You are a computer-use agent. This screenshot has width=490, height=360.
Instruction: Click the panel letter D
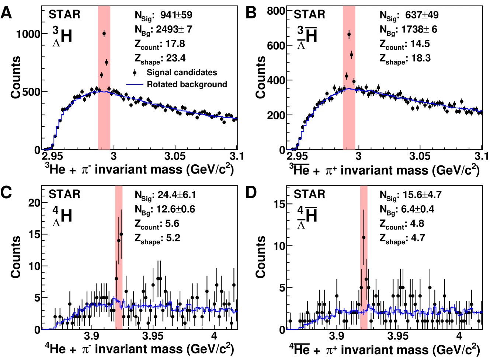click(x=251, y=193)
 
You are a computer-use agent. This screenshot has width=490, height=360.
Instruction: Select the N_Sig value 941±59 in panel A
click(x=176, y=15)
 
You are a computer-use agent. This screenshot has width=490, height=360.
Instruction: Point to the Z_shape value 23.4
click(x=176, y=58)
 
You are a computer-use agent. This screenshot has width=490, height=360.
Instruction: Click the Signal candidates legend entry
click(x=181, y=73)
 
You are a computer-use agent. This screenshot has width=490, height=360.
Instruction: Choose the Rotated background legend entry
click(x=187, y=84)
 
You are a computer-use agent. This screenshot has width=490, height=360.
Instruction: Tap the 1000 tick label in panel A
click(x=28, y=34)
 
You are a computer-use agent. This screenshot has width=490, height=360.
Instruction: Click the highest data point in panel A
click(x=104, y=34)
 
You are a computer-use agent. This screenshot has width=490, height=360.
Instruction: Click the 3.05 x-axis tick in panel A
click(x=175, y=156)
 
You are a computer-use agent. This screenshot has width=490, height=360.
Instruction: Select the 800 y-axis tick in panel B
click(x=276, y=11)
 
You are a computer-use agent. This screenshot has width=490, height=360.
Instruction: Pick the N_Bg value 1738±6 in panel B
click(x=419, y=29)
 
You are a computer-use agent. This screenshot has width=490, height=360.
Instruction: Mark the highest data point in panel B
click(x=349, y=34)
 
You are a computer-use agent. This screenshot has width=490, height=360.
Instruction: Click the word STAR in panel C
click(x=64, y=194)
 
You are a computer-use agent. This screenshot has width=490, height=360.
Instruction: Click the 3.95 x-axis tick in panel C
click(x=153, y=336)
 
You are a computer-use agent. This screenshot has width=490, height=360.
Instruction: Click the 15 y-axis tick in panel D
click(x=279, y=204)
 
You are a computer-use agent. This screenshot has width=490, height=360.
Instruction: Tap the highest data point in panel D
click(x=364, y=238)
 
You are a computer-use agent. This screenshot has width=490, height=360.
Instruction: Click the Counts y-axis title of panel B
click(x=261, y=77)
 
